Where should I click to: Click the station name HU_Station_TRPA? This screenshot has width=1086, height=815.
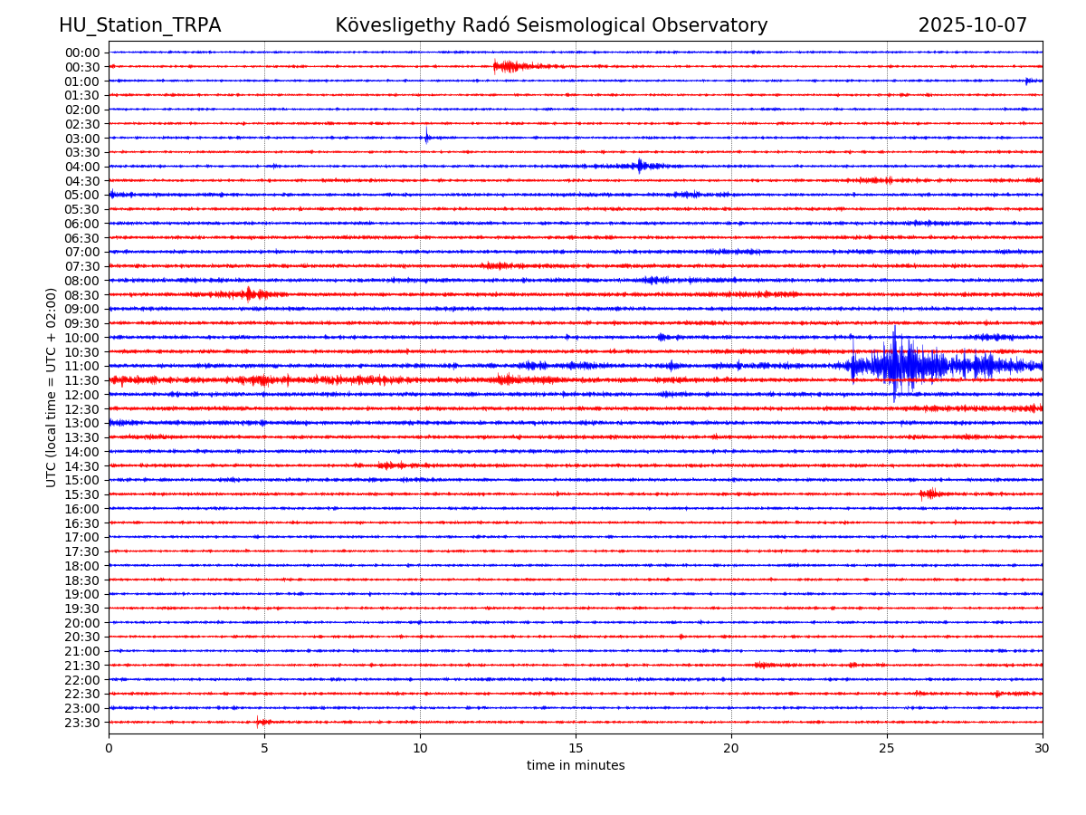pos(139,25)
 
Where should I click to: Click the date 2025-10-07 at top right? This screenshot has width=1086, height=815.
pos(972,25)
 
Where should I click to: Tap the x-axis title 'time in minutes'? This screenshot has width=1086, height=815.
pos(576,766)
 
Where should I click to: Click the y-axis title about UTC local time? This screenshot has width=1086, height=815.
pos(52,387)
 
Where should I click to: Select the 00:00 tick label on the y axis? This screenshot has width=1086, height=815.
pos(81,53)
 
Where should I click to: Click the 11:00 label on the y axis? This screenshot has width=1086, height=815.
pos(81,366)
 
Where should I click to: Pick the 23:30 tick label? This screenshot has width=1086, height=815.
pos(81,723)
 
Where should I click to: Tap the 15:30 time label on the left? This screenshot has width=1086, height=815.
pos(81,494)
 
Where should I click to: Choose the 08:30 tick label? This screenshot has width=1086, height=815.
pos(81,294)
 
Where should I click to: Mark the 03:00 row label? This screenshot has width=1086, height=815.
pos(81,138)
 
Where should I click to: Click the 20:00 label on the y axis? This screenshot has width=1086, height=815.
pos(81,623)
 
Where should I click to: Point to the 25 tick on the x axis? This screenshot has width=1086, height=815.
pos(887,748)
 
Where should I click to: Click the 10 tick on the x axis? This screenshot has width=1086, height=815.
pos(420,748)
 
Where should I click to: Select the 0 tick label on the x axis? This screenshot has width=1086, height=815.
pos(109,748)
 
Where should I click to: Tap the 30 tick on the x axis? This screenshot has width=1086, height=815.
pos(1043,748)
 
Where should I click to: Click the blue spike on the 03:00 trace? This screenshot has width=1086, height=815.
pos(426,138)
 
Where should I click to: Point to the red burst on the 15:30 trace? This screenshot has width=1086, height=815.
pos(929,494)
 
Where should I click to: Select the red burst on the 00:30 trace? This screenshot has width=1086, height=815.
pos(507,66)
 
